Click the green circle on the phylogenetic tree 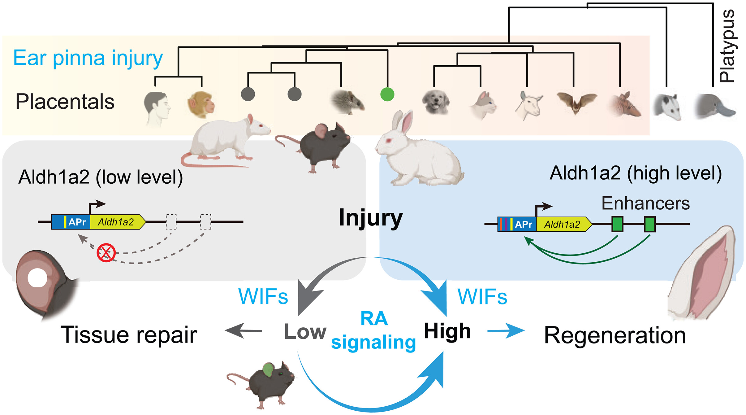(x=387, y=94)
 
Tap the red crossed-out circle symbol (x=106, y=253)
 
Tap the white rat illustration (x=226, y=139)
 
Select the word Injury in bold (x=370, y=218)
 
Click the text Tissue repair (x=129, y=335)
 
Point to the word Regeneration (x=615, y=335)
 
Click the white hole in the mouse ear (x=37, y=278)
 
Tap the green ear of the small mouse (x=268, y=370)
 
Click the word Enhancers (x=645, y=203)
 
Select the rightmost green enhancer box (x=649, y=224)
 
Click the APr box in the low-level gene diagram (x=77, y=222)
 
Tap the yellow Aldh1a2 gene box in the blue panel (x=562, y=224)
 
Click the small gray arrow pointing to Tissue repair (x=244, y=330)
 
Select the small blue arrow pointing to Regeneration (x=506, y=331)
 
